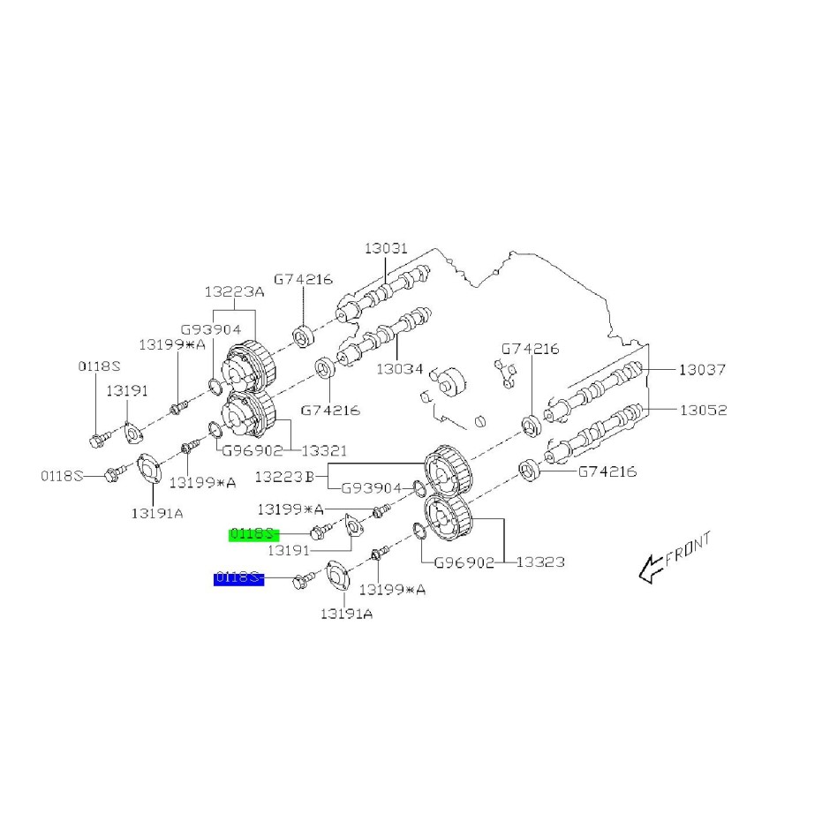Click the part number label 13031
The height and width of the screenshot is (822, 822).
pyautogui.click(x=386, y=249)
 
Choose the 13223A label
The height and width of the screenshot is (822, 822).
pyautogui.click(x=234, y=292)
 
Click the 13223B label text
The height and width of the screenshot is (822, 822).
pyautogui.click(x=285, y=477)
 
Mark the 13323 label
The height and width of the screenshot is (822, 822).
pyautogui.click(x=540, y=562)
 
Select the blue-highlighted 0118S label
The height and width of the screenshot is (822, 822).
pyautogui.click(x=238, y=578)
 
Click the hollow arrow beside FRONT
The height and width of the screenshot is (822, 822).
pyautogui.click(x=650, y=570)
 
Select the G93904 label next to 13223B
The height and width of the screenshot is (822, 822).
pyautogui.click(x=371, y=487)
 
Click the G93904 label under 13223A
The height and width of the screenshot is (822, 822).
pyautogui.click(x=212, y=329)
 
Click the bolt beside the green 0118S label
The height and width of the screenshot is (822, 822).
pyautogui.click(x=319, y=532)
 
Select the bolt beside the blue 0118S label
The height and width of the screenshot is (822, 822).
pyautogui.click(x=301, y=579)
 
